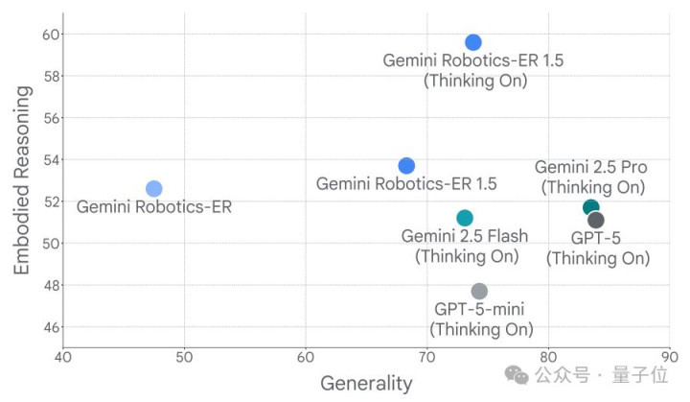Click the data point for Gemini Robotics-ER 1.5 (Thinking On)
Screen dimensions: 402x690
point(473,42)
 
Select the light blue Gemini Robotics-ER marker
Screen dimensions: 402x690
point(154,188)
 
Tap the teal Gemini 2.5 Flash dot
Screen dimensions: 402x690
point(465,218)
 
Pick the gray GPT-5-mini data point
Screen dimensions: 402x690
point(479,291)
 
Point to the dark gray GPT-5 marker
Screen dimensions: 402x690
point(596,221)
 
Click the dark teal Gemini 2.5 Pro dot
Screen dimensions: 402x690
point(590,208)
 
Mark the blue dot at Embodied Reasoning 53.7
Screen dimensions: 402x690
point(406,166)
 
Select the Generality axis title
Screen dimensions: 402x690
point(366,384)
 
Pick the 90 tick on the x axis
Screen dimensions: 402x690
point(670,360)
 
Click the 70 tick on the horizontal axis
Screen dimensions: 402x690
point(427,360)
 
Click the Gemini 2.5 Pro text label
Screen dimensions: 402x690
point(590,168)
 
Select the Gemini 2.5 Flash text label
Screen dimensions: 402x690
point(466,236)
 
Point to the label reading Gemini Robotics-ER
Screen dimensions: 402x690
point(154,206)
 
